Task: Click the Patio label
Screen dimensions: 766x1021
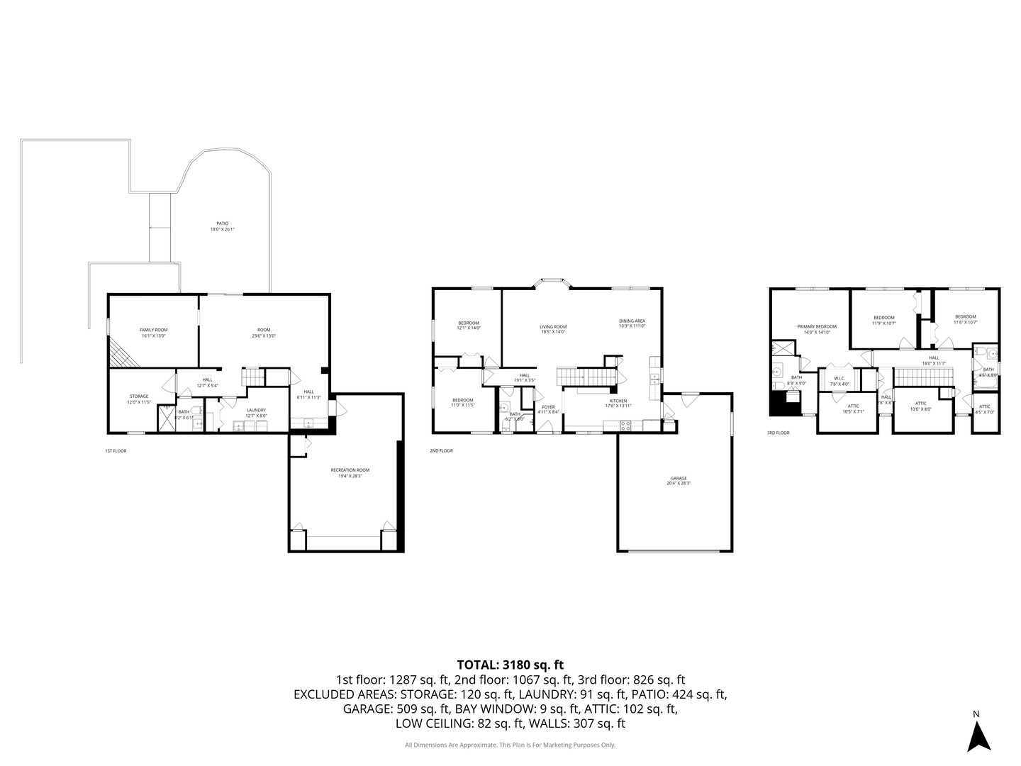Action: tap(222, 226)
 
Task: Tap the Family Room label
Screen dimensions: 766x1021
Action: tap(153, 333)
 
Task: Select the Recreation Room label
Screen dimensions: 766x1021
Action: tap(350, 473)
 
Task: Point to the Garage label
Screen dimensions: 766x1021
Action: tap(678, 480)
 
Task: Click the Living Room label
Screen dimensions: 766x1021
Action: tap(553, 329)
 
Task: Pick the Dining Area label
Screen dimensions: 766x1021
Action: tap(632, 323)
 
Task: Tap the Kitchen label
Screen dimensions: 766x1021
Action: tap(618, 404)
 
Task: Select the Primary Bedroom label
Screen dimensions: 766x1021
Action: tap(817, 329)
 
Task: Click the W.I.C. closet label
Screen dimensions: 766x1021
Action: tap(839, 381)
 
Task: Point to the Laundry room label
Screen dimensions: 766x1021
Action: tap(256, 413)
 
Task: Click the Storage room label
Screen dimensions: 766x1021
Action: tap(139, 399)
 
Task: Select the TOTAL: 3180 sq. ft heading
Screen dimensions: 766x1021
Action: tap(510, 665)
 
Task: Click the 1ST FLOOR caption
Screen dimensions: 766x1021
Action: tap(116, 450)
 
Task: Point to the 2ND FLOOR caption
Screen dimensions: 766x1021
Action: tap(441, 450)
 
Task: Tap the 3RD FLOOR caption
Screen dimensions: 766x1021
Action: tap(778, 432)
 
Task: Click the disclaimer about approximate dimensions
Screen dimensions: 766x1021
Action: tap(510, 745)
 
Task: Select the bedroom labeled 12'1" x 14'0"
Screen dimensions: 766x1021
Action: tap(469, 326)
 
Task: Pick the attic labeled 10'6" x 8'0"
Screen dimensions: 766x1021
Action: tap(920, 406)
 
